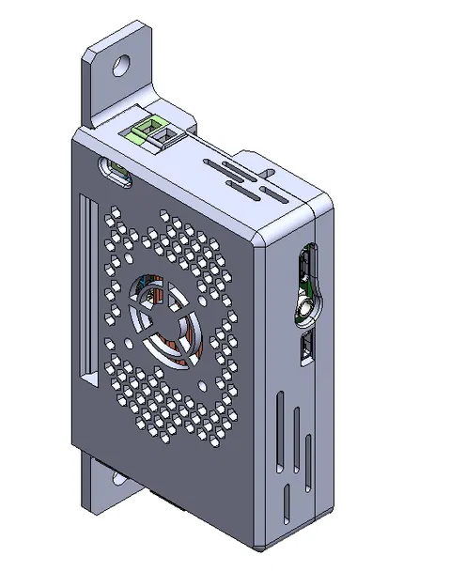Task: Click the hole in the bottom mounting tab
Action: click(x=118, y=479)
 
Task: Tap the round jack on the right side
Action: click(x=305, y=309)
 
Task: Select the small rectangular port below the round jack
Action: click(x=305, y=350)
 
